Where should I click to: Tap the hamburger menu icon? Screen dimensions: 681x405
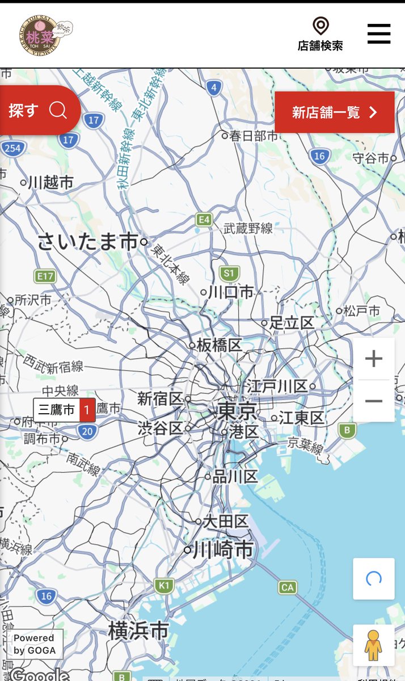pyautogui.click(x=379, y=34)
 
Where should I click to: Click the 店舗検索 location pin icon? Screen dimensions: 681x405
pyautogui.click(x=320, y=26)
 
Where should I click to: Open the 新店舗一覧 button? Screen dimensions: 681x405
pyautogui.click(x=334, y=112)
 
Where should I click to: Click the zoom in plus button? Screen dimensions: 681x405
pyautogui.click(x=373, y=359)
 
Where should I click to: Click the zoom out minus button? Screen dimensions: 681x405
pyautogui.click(x=373, y=401)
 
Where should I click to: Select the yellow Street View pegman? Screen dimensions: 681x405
pyautogui.click(x=373, y=645)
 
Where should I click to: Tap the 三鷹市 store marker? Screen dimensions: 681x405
pyautogui.click(x=64, y=410)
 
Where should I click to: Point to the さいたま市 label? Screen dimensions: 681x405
pyautogui.click(x=88, y=242)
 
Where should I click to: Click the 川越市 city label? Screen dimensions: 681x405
pyautogui.click(x=50, y=183)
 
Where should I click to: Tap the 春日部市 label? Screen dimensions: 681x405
pyautogui.click(x=254, y=136)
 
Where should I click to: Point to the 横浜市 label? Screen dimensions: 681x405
pyautogui.click(x=139, y=630)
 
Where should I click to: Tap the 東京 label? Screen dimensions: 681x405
pyautogui.click(x=238, y=410)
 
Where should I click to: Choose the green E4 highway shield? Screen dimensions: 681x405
pyautogui.click(x=204, y=219)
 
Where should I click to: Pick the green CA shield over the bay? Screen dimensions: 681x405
pyautogui.click(x=288, y=587)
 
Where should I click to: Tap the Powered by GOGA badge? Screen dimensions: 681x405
pyautogui.click(x=35, y=644)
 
